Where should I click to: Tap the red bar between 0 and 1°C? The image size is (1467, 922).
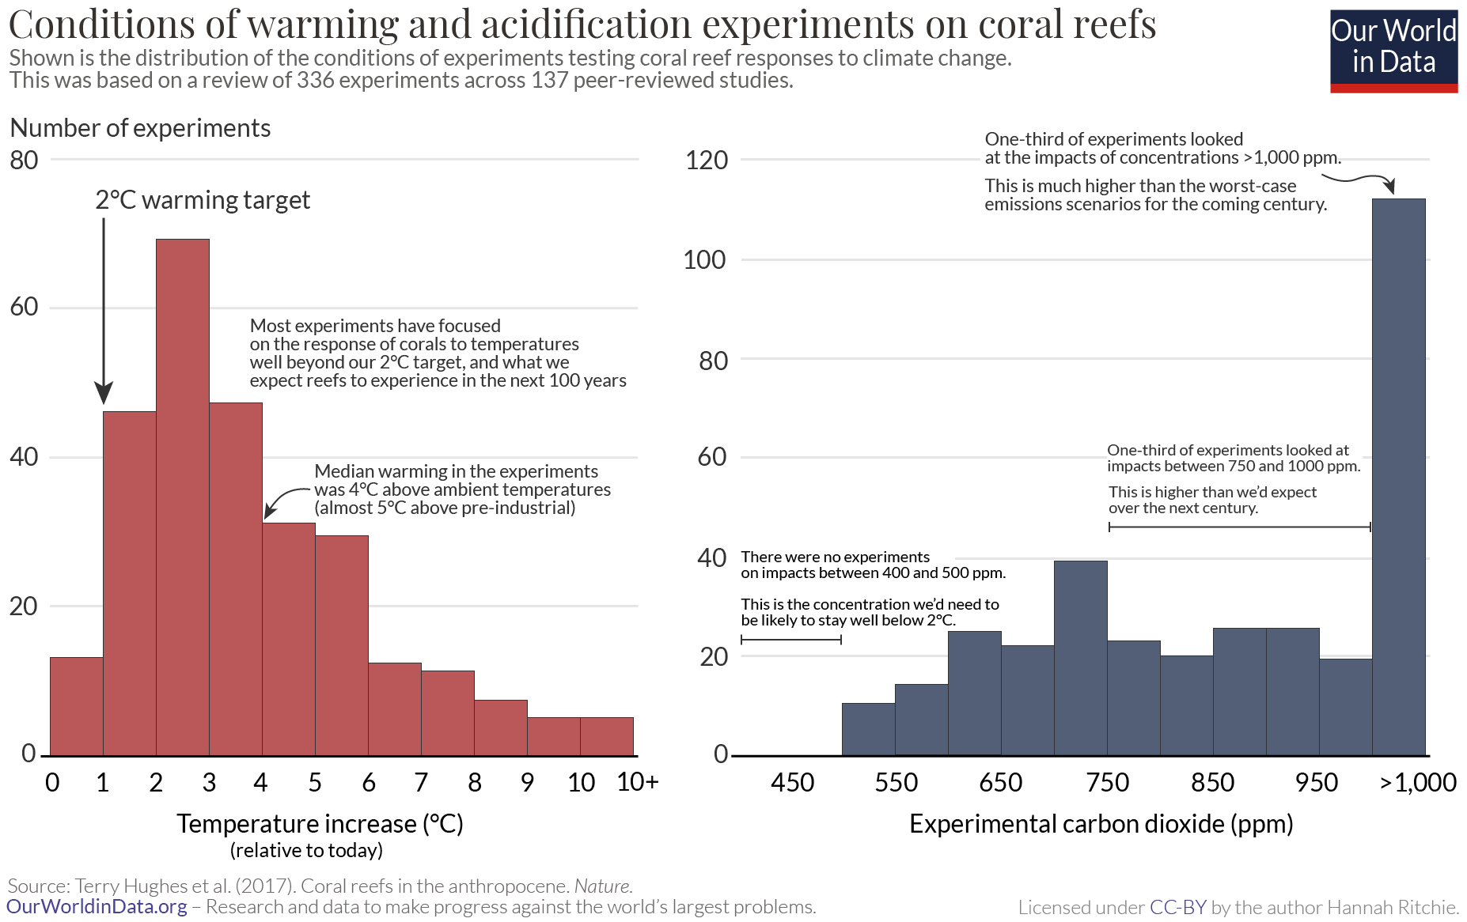[77, 706]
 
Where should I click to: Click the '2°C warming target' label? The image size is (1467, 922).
[203, 200]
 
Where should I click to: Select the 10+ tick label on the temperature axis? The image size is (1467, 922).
[637, 782]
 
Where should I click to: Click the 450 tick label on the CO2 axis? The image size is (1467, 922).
[792, 782]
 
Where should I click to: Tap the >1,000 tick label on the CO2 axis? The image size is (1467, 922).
[1418, 782]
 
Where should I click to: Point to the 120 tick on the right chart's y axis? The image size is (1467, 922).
[706, 161]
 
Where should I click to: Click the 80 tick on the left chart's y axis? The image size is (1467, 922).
[25, 161]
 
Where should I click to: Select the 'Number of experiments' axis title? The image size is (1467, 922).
[140, 128]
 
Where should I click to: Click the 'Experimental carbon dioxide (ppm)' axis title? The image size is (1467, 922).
[1101, 824]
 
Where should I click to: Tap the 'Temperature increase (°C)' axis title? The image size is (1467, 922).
[320, 824]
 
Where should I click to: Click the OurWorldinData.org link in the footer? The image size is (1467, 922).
[97, 906]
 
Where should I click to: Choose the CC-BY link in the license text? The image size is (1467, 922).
[1177, 907]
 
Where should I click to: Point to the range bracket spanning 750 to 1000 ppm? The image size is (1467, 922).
[1239, 527]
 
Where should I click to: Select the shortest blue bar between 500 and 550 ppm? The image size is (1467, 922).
[868, 729]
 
